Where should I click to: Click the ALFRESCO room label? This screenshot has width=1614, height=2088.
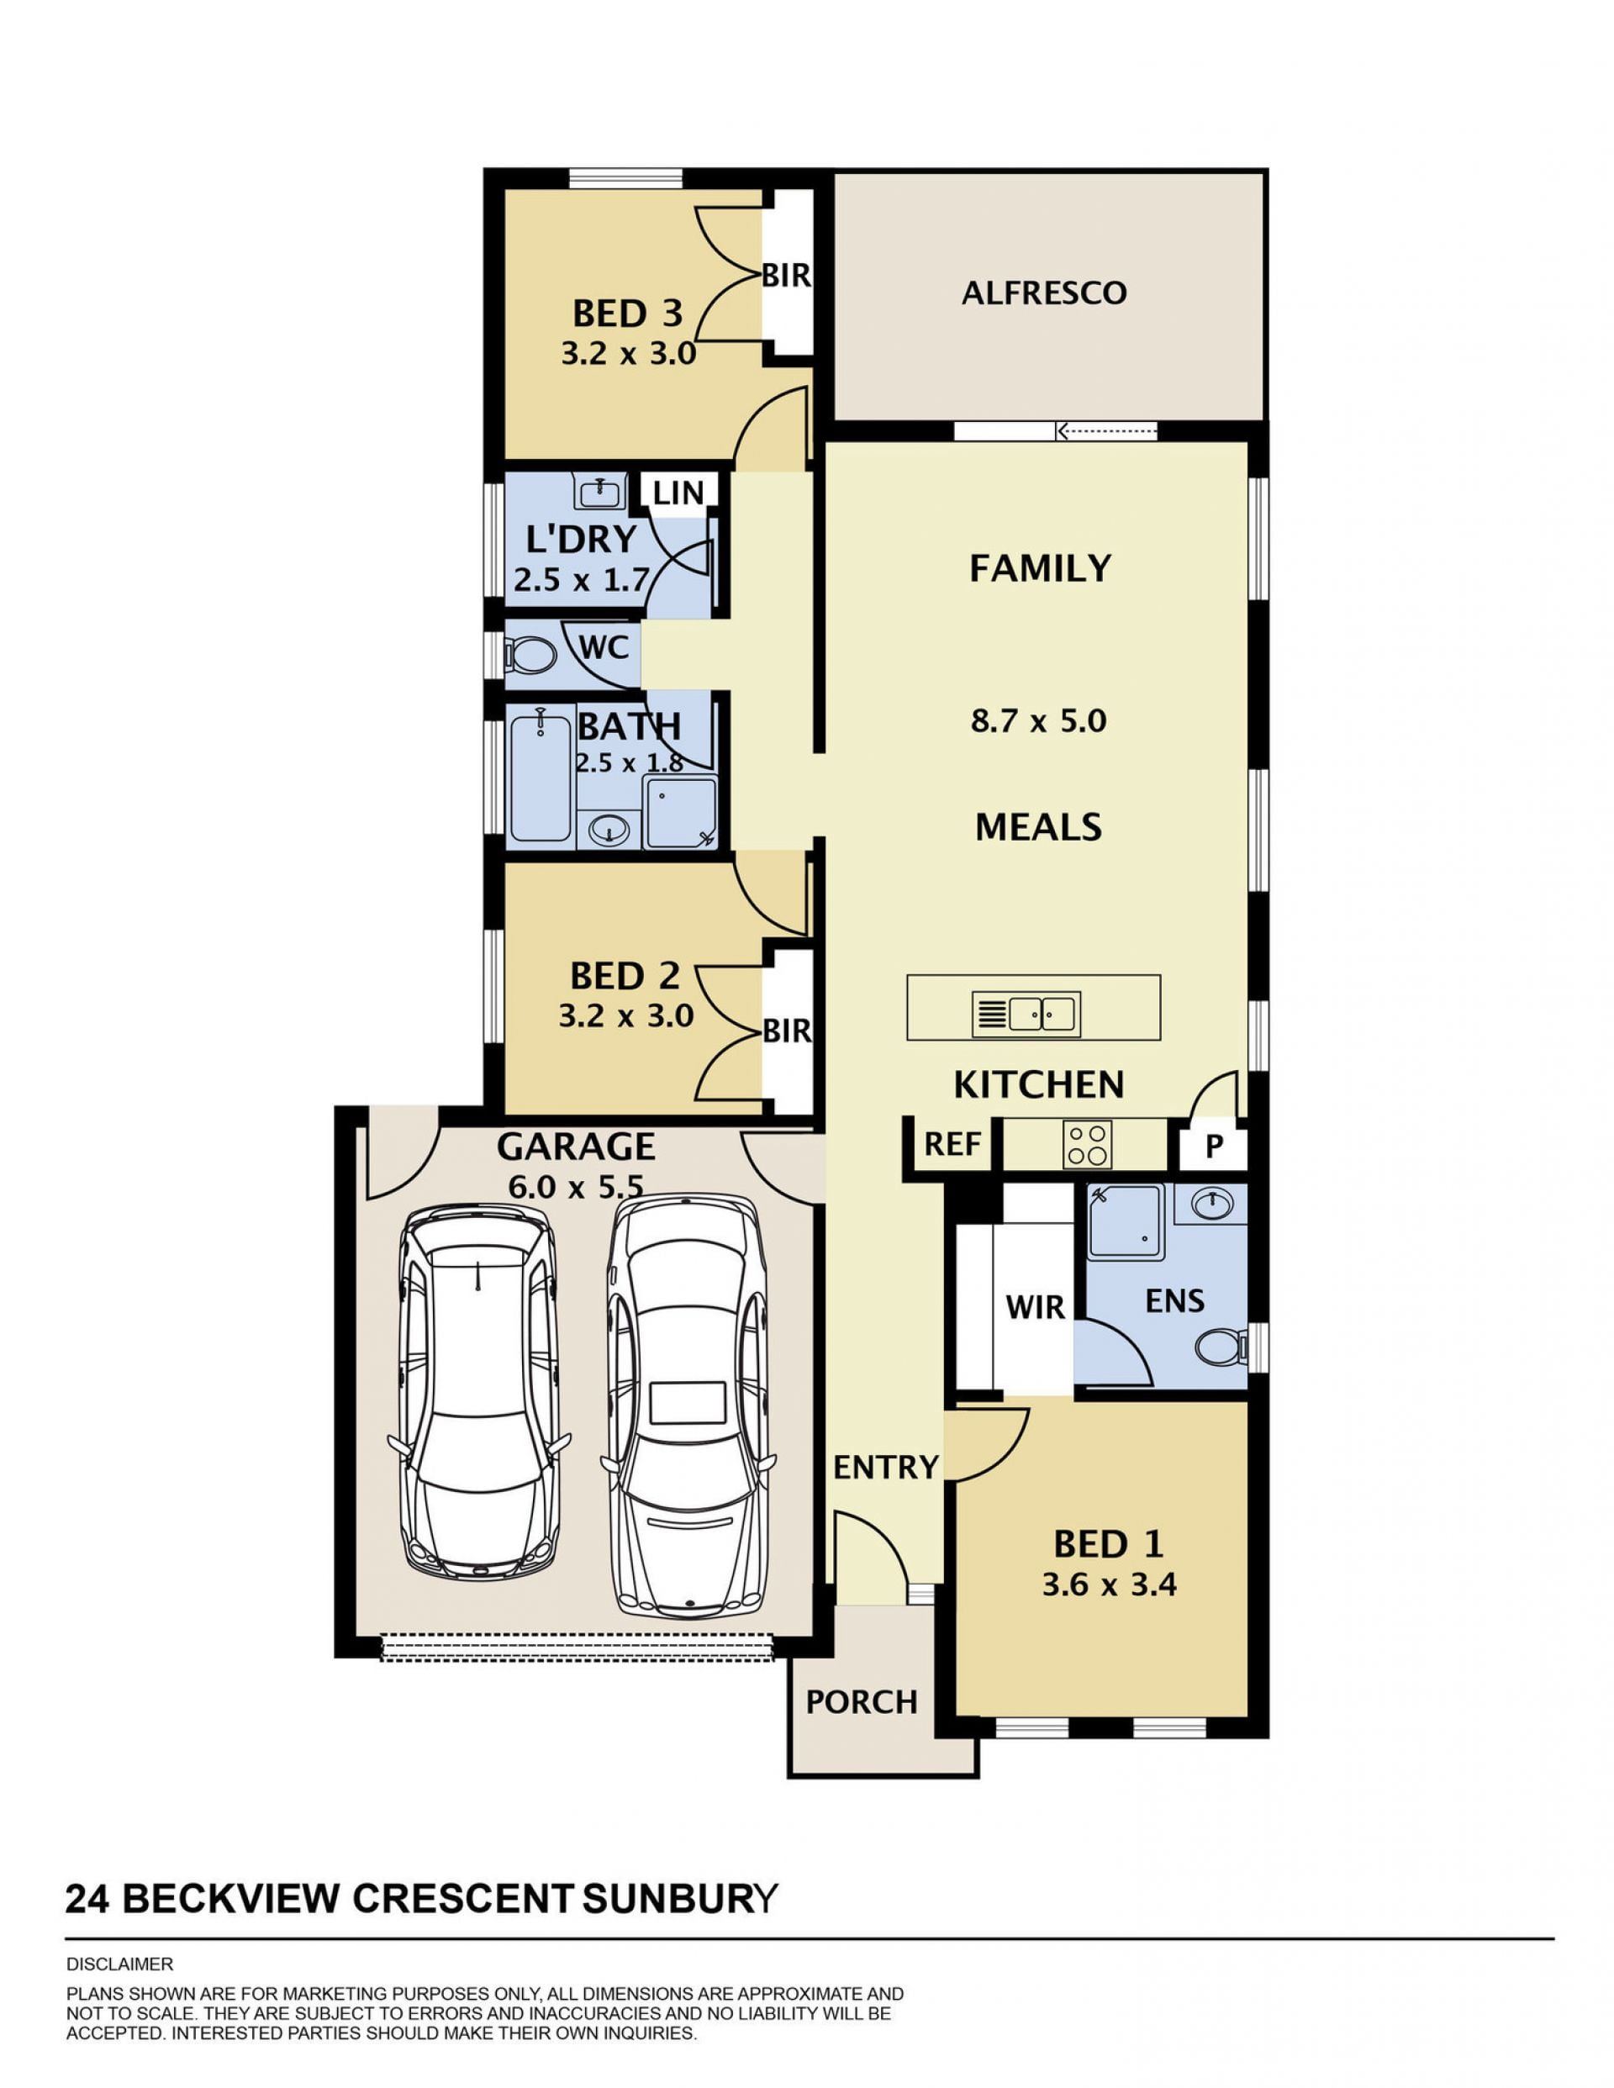pos(1043,293)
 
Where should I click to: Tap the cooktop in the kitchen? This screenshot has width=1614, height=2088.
pos(1087,1144)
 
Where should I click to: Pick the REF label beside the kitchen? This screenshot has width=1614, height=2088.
pos(952,1144)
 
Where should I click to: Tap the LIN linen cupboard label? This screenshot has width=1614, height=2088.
pos(678,493)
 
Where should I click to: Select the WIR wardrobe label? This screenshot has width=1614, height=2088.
pos(1035,1307)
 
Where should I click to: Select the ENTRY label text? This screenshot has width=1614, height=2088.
pos(886,1468)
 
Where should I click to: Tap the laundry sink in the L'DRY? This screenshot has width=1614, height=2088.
pos(599,492)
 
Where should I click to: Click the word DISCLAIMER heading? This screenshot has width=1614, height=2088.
pos(119,1964)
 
